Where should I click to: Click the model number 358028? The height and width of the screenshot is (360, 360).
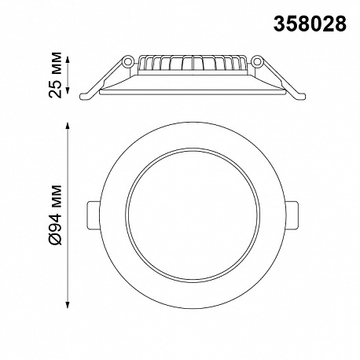pyautogui.click(x=310, y=24)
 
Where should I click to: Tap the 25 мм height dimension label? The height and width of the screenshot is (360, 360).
pyautogui.click(x=55, y=75)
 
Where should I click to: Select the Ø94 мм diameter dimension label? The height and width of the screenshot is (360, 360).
pyautogui.click(x=55, y=215)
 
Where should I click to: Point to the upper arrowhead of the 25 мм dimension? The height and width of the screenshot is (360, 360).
pyautogui.click(x=68, y=59)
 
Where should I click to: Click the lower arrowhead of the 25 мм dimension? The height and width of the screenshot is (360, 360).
pyautogui.click(x=68, y=90)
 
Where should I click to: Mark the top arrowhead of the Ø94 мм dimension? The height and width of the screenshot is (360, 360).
pyautogui.click(x=68, y=125)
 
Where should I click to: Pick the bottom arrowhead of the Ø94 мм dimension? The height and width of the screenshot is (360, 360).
pyautogui.click(x=68, y=305)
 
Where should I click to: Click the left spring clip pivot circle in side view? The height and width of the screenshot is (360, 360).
pyautogui.click(x=127, y=61)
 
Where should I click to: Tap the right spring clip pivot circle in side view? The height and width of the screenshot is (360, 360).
pyautogui.click(x=257, y=61)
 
